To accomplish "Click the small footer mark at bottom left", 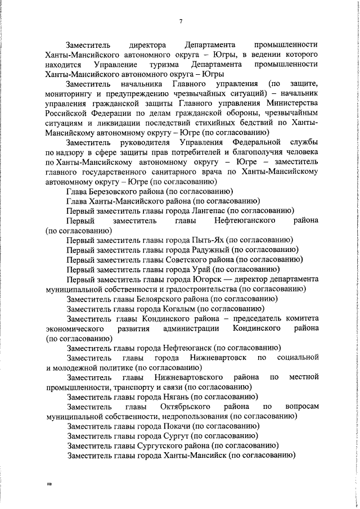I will [49, 483].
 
